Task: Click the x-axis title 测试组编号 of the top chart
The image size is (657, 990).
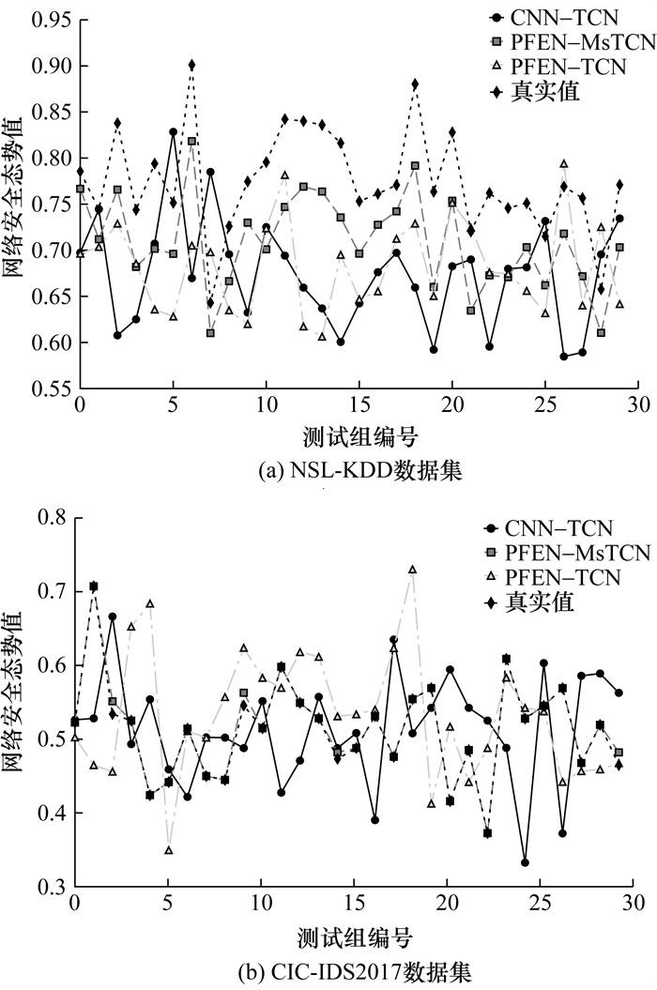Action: [359, 438]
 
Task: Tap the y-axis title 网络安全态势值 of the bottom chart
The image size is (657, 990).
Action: [17, 699]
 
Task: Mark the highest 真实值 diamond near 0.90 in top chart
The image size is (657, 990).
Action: [191, 65]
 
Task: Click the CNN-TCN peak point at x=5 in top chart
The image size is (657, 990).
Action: [173, 132]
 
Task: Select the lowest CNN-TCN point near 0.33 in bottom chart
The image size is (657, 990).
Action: [525, 862]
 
